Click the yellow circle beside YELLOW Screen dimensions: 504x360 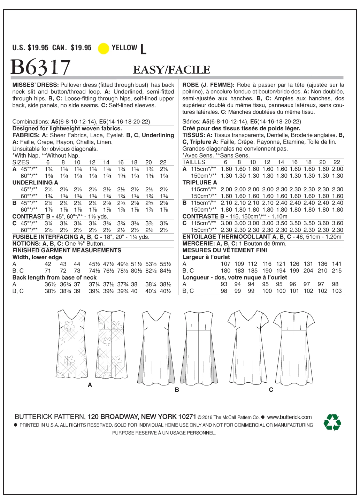[104, 48]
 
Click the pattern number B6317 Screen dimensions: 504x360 [41, 67]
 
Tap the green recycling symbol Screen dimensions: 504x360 [332, 422]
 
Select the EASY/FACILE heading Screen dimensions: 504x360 [171, 70]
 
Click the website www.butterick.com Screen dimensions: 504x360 [289, 417]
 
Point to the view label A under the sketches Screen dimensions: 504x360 [90, 385]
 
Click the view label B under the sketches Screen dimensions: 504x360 [177, 390]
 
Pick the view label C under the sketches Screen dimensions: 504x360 [271, 390]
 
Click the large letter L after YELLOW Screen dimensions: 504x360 [143, 49]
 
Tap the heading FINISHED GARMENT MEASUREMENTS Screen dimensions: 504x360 [67, 250]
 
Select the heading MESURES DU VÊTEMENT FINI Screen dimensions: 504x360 [224, 250]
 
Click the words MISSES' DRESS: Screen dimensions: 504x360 [35, 85]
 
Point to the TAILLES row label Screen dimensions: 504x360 [194, 162]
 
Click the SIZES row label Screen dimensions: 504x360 [21, 162]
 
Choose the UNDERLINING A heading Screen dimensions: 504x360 [35, 182]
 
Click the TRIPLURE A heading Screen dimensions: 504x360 [200, 182]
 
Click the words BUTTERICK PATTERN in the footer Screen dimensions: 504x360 [49, 417]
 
